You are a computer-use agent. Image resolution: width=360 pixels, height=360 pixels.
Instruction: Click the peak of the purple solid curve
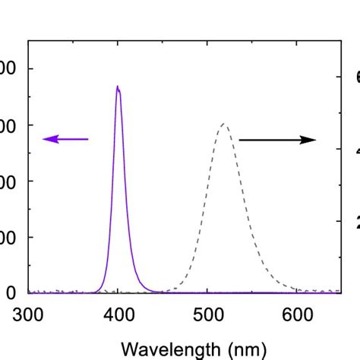coord(118,87)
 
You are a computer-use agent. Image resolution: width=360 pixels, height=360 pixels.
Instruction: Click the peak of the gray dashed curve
coord(223,124)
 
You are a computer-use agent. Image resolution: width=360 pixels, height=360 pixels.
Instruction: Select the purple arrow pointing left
coord(65,138)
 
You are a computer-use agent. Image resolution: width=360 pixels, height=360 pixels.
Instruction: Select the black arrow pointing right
coord(277,140)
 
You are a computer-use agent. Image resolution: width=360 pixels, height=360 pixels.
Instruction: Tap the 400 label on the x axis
coord(118,314)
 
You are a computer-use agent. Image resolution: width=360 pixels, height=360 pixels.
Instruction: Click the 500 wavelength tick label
coord(207,314)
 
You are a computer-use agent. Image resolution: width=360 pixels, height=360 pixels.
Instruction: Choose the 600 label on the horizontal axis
coord(297,314)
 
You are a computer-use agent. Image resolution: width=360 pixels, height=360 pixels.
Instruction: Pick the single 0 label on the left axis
coord(11,293)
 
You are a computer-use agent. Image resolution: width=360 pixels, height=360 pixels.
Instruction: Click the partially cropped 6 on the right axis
coord(355,77)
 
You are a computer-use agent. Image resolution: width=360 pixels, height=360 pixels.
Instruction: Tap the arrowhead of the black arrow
coord(309,140)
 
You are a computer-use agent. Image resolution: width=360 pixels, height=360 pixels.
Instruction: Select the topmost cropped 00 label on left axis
coord(8,69)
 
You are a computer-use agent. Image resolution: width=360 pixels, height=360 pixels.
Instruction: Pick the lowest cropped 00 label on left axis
coord(8,237)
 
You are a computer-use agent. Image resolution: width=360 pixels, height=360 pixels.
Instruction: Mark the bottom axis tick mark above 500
coord(207,289)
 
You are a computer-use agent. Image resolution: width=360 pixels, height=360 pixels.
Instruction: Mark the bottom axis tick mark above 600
coord(297,289)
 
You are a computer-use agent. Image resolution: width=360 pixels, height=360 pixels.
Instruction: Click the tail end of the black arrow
coord(240,140)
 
